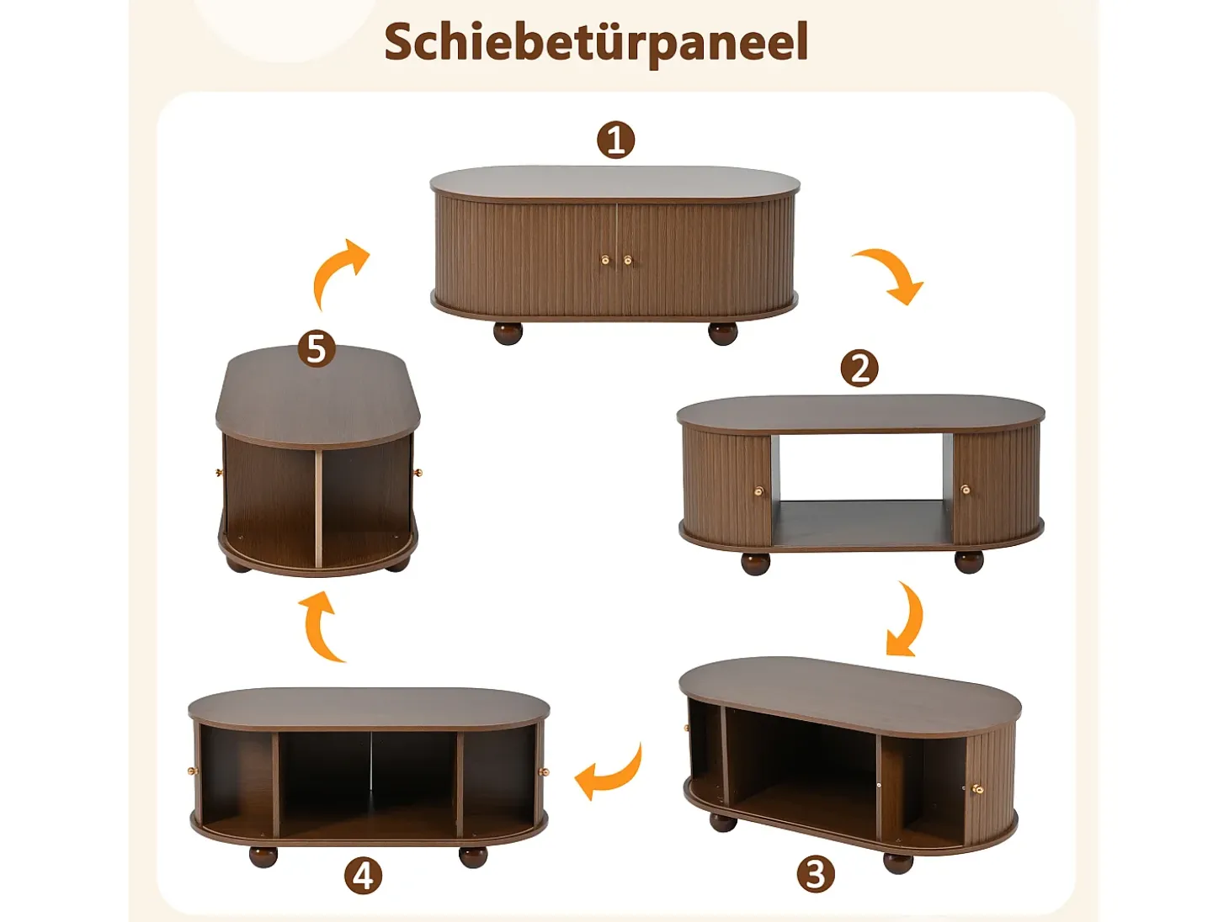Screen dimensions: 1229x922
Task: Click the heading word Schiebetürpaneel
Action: coord(596,44)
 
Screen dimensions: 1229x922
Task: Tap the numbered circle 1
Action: coord(615,140)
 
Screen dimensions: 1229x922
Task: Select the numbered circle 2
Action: coord(859,368)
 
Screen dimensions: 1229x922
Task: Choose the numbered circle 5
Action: coord(317,349)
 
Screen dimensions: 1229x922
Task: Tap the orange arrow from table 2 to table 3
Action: coord(908,620)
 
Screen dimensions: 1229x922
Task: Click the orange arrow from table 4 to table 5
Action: coord(319,628)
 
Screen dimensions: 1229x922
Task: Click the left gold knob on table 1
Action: coord(605,260)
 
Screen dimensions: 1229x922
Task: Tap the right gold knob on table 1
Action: coord(628,260)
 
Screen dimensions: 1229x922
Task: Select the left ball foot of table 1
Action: coord(508,332)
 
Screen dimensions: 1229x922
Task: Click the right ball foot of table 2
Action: coord(969,562)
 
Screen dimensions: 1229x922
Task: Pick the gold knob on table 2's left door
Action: coord(759,490)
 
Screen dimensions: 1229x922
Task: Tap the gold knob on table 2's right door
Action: coord(966,490)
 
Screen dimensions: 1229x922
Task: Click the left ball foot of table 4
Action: coord(263,856)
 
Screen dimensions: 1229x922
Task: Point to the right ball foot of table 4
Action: coord(473,856)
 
